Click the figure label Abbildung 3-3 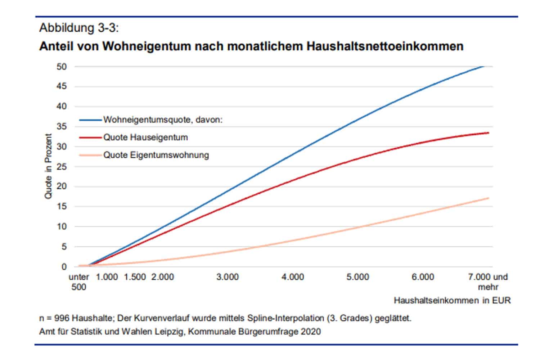(78, 28)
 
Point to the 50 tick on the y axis (62, 67)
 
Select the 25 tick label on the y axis (62, 167)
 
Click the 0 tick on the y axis (64, 267)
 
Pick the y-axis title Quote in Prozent (48, 166)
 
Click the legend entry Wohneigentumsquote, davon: (163, 120)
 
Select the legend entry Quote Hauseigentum (145, 137)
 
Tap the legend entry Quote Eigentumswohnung (156, 155)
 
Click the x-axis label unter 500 (79, 282)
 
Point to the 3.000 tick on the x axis (228, 277)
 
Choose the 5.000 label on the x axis (358, 277)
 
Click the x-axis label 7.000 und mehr (488, 282)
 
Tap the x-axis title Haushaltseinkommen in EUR (452, 300)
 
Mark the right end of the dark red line (488, 133)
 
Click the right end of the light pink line (488, 198)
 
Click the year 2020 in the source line (311, 331)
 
